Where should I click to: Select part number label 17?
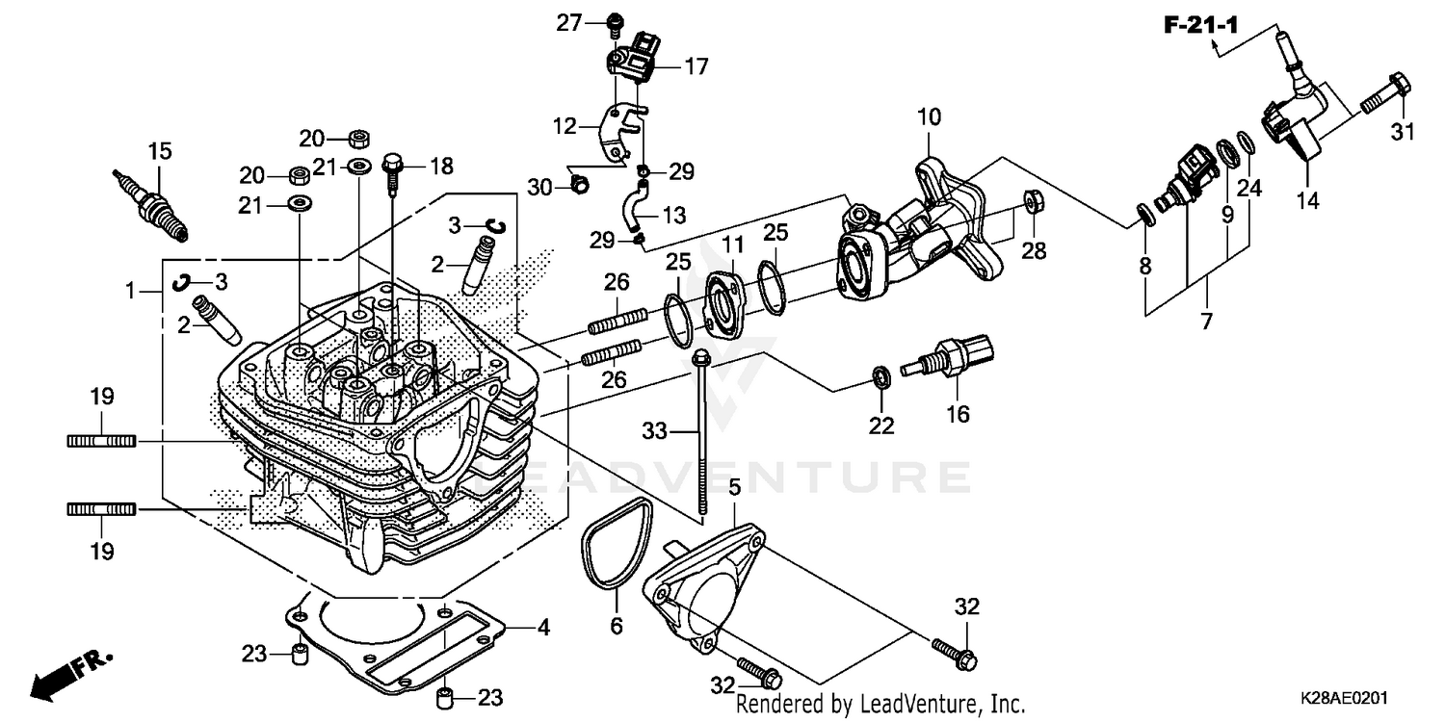tap(696, 66)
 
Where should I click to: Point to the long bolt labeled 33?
tap(702, 433)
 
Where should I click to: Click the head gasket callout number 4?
tap(543, 629)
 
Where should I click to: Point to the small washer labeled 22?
tap(880, 375)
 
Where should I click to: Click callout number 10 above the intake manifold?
tap(929, 118)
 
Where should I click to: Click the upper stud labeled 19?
tap(101, 441)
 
